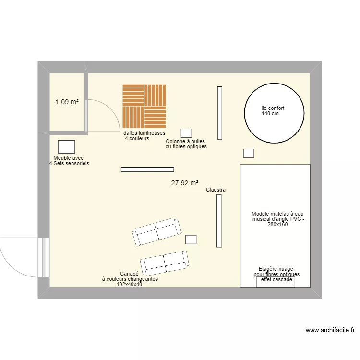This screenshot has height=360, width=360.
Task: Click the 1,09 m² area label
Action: pyautogui.click(x=67, y=102)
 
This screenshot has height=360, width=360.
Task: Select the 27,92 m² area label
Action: pyautogui.click(x=184, y=183)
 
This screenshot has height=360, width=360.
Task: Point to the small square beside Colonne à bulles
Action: pyautogui.click(x=186, y=133)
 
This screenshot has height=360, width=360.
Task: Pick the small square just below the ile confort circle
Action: pyautogui.click(x=248, y=153)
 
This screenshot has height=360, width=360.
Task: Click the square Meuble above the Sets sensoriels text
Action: pyautogui.click(x=66, y=147)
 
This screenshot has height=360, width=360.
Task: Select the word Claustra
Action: pyautogui.click(x=216, y=190)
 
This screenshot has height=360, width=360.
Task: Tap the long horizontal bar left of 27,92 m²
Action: pyautogui.click(x=147, y=169)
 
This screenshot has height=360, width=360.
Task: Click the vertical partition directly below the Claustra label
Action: pyautogui.click(x=219, y=221)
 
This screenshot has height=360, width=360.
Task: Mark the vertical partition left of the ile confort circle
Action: pyautogui.click(x=219, y=113)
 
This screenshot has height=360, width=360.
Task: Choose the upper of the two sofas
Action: pyautogui.click(x=156, y=231)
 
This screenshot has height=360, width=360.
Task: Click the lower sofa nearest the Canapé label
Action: pyautogui.click(x=164, y=262)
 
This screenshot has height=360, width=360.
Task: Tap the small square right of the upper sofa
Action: pyautogui.click(x=191, y=240)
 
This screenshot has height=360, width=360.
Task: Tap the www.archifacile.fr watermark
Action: pyautogui.click(x=330, y=330)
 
